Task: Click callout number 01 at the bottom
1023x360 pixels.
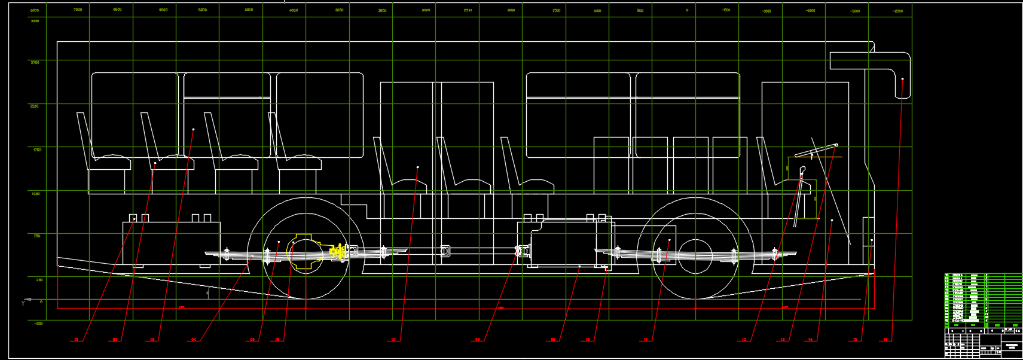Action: tap(76, 340)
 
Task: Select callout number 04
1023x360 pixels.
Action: tap(194, 340)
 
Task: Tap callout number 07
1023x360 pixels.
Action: tap(393, 340)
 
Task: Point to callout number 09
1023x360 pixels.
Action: tap(553, 340)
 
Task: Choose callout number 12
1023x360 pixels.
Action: tap(744, 340)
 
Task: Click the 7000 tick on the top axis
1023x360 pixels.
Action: tap(78, 10)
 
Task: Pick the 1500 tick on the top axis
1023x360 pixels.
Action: tap(556, 10)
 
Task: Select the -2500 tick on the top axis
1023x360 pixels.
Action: tap(897, 11)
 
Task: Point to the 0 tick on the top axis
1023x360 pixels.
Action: tap(687, 10)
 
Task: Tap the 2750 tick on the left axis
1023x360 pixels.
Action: tap(35, 62)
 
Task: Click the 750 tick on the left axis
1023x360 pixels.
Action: tap(36, 236)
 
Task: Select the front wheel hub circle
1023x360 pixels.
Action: tap(695, 255)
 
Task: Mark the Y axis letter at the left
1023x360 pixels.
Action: tap(23, 303)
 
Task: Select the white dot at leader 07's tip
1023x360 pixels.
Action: tap(417, 167)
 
